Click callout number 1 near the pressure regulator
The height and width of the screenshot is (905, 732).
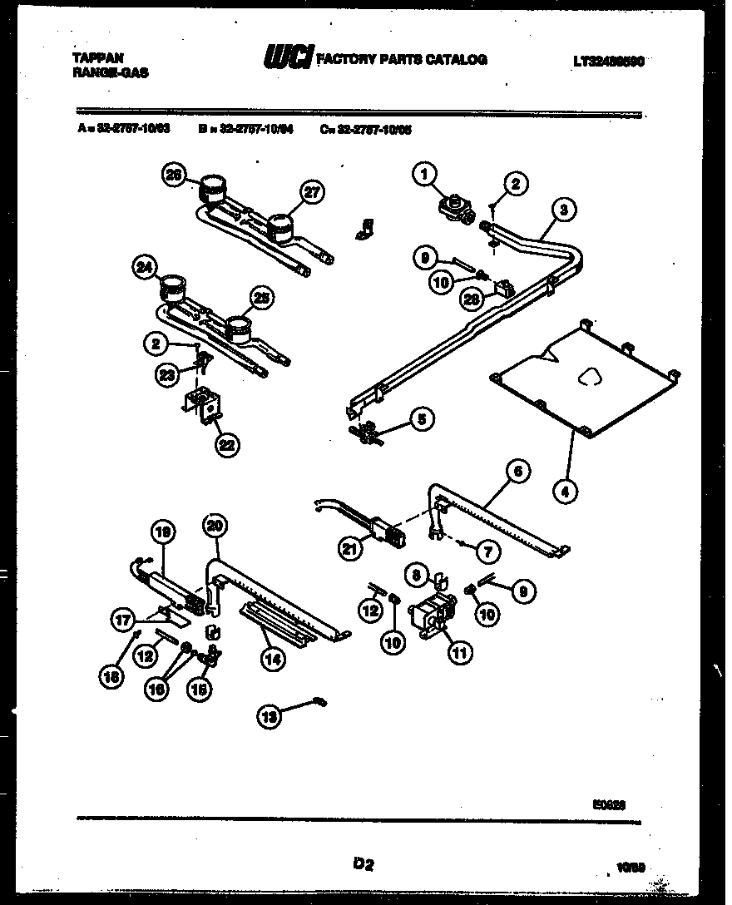425,175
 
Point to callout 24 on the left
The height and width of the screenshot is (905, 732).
144,268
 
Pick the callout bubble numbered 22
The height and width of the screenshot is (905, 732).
225,443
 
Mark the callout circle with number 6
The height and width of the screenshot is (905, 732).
517,472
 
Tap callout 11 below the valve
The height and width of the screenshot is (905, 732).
458,653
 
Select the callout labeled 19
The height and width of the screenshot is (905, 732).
163,532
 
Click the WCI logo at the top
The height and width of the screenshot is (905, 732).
288,58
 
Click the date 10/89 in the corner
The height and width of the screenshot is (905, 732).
632,867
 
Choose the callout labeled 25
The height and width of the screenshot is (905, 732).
260,299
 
